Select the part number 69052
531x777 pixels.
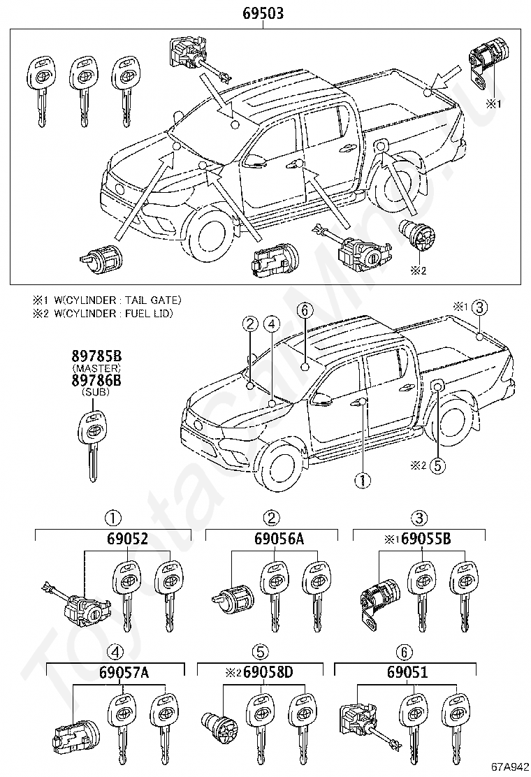tap(127, 539)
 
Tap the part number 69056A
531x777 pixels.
tap(279, 539)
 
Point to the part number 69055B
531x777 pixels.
tap(425, 539)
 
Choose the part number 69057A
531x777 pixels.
tap(124, 672)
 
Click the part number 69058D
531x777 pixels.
tap(268, 672)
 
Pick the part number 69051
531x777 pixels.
tap(407, 672)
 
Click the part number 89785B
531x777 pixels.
tap(96, 356)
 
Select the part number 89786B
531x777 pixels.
tap(96, 381)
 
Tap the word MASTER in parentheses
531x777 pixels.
tap(96, 368)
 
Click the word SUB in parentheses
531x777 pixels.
tap(96, 392)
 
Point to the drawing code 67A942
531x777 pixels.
tap(510, 769)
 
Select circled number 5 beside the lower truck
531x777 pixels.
tap(437, 465)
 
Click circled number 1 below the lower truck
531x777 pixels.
tap(363, 479)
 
